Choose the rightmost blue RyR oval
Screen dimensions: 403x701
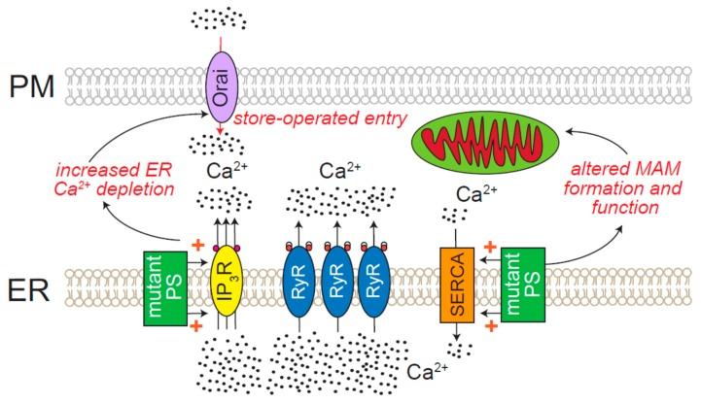coord(375,282)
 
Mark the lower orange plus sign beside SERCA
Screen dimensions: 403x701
coord(491,327)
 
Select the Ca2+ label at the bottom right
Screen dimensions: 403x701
coord(428,371)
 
